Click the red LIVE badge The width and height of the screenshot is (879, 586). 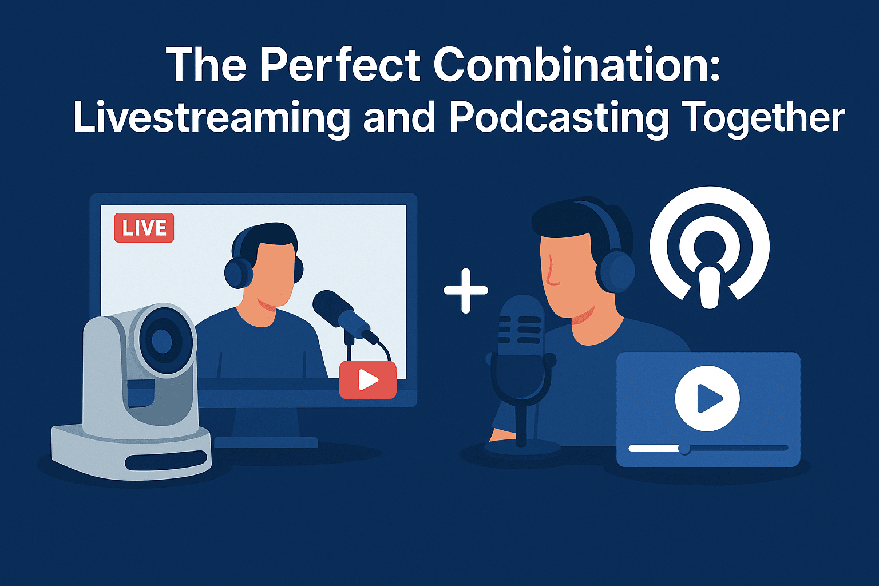144,228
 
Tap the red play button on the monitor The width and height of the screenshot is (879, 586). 368,379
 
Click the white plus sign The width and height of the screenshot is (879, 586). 466,291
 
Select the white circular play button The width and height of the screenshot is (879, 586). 707,398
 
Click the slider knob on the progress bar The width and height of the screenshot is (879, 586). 684,448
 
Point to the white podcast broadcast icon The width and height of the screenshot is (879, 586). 710,247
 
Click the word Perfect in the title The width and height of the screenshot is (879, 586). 340,64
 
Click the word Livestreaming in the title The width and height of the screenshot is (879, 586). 211,118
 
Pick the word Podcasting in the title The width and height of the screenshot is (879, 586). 559,118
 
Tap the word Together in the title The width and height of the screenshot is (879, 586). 763,118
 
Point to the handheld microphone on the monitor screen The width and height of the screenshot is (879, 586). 344,314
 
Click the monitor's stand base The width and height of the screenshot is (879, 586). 266,442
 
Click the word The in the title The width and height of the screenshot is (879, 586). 207,64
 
